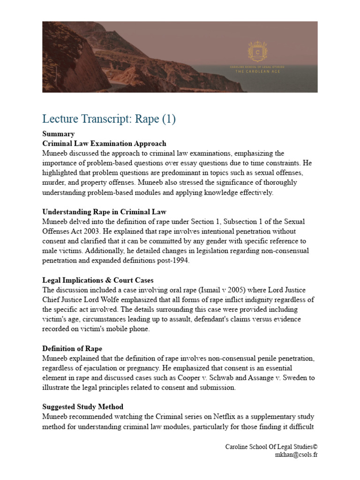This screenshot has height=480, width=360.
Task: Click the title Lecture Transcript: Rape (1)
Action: pyautogui.click(x=109, y=119)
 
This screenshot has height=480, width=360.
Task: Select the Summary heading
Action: pyautogui.click(x=58, y=134)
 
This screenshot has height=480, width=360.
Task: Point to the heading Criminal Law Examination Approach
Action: pyautogui.click(x=104, y=143)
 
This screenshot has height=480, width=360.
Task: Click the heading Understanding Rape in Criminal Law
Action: pyautogui.click(x=104, y=212)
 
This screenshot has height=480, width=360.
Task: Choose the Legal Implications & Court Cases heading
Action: pyautogui.click(x=98, y=280)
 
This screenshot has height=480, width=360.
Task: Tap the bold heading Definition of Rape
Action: pyautogui.click(x=72, y=349)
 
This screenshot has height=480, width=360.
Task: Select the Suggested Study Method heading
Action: pyautogui.click(x=83, y=406)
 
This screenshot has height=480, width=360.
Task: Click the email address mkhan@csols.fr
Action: pyautogui.click(x=297, y=455)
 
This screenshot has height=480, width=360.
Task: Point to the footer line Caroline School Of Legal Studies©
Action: pyautogui.click(x=271, y=447)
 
